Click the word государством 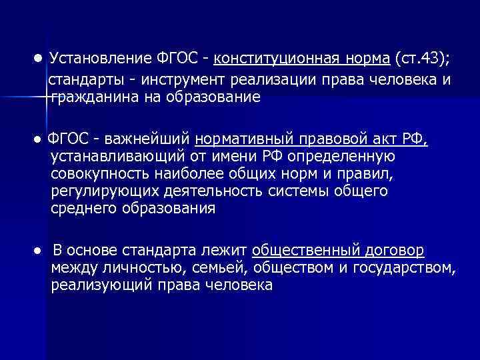pyautogui.click(x=409, y=268)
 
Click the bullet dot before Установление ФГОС pyautogui.click(x=39, y=58)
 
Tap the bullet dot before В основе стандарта pyautogui.click(x=39, y=251)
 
